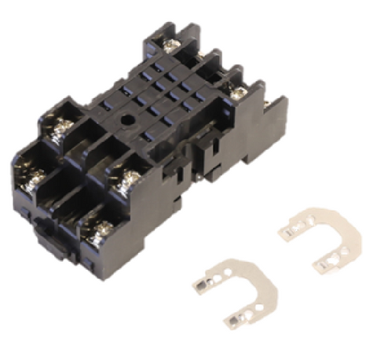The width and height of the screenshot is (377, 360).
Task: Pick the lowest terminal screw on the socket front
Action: pyautogui.click(x=101, y=230)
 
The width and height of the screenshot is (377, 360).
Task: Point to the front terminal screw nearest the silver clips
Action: pyautogui.click(x=123, y=186)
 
